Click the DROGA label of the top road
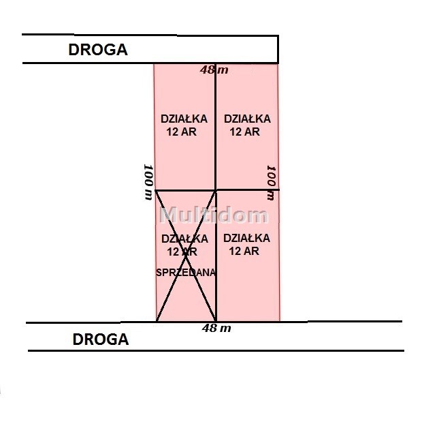coord(98,50)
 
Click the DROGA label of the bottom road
coord(101,339)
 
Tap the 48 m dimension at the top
coord(214,70)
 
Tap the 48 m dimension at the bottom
coord(216,329)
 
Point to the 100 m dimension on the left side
coord(149,182)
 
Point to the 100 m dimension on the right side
coord(271,183)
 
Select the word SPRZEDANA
coord(186,273)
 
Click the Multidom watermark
coord(214,215)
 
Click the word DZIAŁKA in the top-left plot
coord(184,119)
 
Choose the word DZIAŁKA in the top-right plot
coord(247,119)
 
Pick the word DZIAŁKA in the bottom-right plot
coord(247,238)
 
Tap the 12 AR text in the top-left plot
coord(182,132)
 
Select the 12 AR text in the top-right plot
coord(245,132)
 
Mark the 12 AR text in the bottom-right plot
coord(244,251)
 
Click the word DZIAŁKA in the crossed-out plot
coord(185,239)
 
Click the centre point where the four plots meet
coord(216,190)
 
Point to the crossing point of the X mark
coord(186,256)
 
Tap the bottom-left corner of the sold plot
coord(157,322)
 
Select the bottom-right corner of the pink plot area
coord(280,321)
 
